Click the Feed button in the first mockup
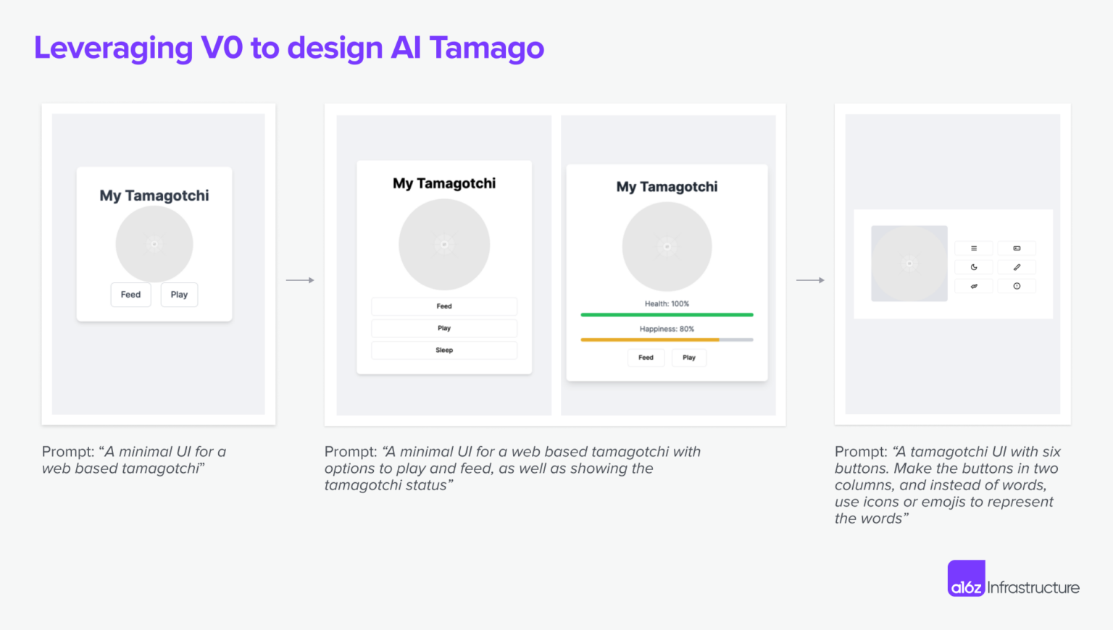tap(130, 295)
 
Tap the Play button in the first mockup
tap(179, 295)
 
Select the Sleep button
tap(444, 350)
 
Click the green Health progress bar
tap(667, 315)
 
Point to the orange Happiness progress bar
tap(649, 340)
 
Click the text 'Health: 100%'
tap(667, 304)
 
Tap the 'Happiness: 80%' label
tap(667, 329)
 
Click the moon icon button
tap(974, 267)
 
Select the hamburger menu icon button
tap(974, 248)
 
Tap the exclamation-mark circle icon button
tap(1017, 286)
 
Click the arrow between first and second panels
tap(300, 280)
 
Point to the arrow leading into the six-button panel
tap(810, 280)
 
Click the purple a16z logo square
tap(966, 579)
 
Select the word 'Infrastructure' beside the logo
tap(1033, 587)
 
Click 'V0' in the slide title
tap(222, 48)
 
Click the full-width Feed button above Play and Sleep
tap(444, 306)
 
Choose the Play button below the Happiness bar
tap(688, 358)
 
